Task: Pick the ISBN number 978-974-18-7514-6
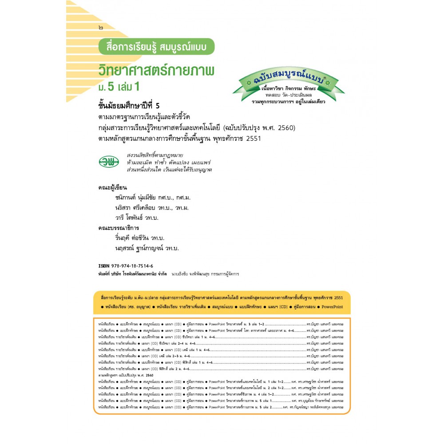coord(131,266)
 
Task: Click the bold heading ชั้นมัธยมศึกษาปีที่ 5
coord(135,107)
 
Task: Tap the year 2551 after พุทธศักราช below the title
coord(253,138)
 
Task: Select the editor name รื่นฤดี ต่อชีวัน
coord(132,238)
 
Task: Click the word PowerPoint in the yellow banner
coord(333,307)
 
